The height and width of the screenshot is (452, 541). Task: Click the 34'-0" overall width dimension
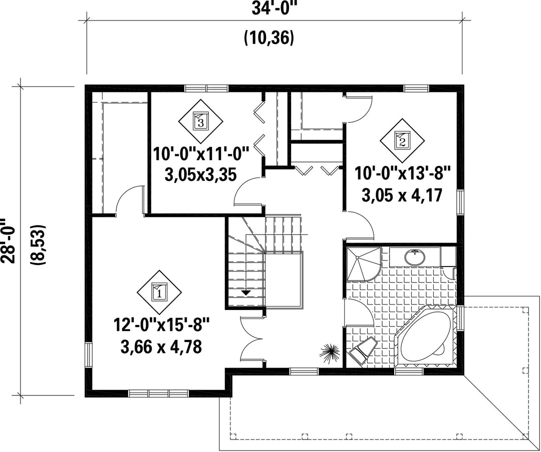click(x=275, y=8)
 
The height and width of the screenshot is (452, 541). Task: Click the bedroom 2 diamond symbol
click(x=402, y=140)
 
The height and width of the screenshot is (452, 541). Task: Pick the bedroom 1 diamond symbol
click(x=159, y=292)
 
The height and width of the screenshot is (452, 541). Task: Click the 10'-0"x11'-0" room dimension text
click(x=201, y=153)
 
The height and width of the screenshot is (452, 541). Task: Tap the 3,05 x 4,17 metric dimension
click(x=402, y=195)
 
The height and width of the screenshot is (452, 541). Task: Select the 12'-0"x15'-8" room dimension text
click(x=161, y=325)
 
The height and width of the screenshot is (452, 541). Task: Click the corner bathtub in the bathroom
click(x=426, y=336)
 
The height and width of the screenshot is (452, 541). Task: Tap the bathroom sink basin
click(x=415, y=257)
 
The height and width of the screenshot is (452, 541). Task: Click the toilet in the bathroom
click(x=362, y=349)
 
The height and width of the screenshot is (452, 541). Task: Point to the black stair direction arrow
click(x=245, y=292)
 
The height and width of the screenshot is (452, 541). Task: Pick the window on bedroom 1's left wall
click(x=89, y=355)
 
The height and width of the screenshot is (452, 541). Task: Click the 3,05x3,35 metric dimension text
click(x=200, y=175)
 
